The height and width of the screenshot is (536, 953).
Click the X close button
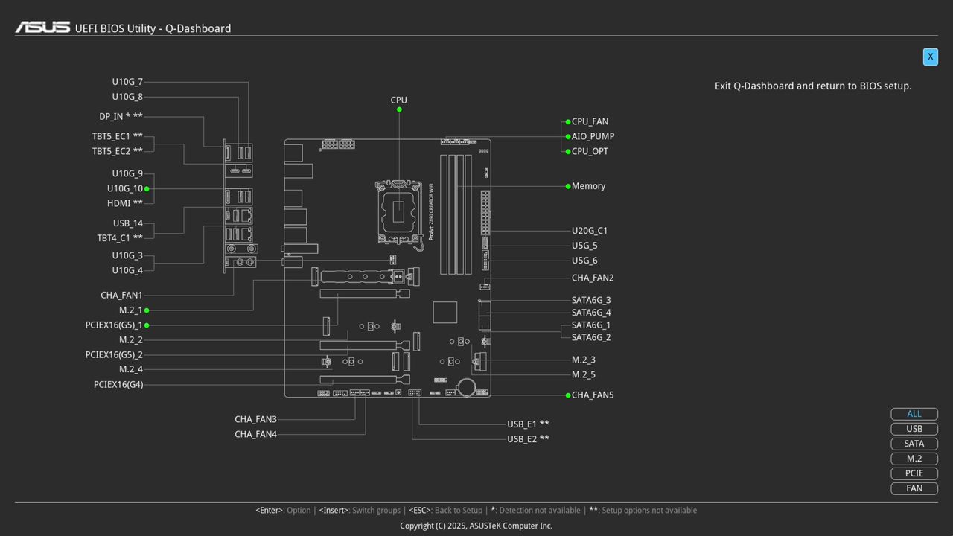pos(930,57)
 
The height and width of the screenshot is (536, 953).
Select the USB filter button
pos(914,429)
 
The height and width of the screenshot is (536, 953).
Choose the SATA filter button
pos(914,444)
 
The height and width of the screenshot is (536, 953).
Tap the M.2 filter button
pos(914,459)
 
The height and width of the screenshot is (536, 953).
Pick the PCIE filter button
pos(914,473)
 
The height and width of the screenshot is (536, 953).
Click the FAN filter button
pos(914,488)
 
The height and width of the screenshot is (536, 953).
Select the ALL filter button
pos(914,414)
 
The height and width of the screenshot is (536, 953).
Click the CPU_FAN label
pos(590,121)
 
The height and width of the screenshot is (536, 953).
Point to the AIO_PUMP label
pos(593,136)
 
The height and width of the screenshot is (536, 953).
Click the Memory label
pos(588,186)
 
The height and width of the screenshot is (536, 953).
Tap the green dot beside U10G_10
pos(147,189)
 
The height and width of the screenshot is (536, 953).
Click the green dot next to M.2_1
pos(147,310)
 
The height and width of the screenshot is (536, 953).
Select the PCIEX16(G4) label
pos(118,385)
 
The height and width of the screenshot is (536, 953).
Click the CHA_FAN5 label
pos(593,395)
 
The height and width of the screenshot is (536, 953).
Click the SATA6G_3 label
pos(591,301)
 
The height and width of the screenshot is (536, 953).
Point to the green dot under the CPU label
pos(399,109)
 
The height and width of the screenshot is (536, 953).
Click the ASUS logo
pos(43,28)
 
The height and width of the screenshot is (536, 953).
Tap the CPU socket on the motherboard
pos(398,211)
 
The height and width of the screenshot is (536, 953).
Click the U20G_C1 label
pos(590,231)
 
